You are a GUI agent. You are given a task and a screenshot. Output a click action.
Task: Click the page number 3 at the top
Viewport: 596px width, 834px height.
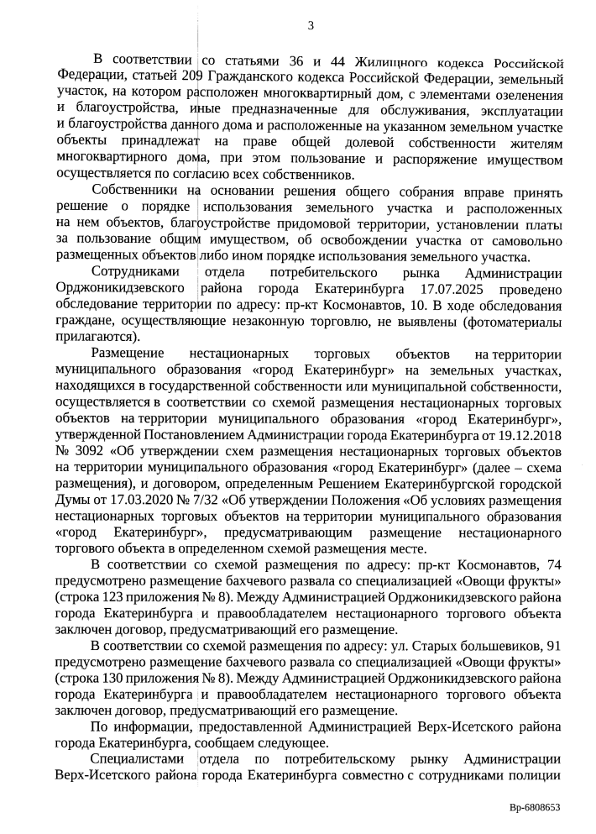311,25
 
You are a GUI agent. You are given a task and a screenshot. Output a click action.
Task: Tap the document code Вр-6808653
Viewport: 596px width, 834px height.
535,807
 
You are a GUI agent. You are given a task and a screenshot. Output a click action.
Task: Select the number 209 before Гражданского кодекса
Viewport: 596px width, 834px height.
196,78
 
